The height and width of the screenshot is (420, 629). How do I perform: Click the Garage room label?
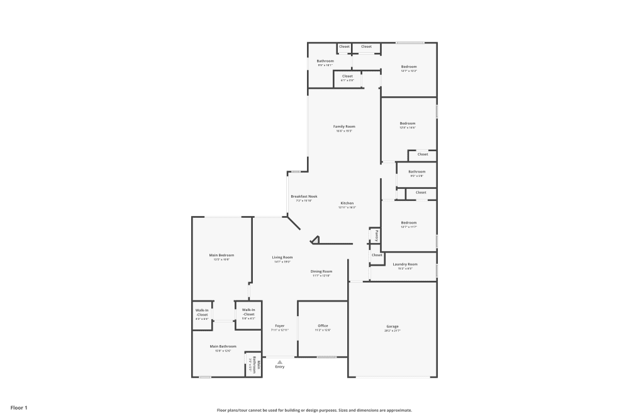click(x=392, y=326)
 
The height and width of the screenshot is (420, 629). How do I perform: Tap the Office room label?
click(x=323, y=326)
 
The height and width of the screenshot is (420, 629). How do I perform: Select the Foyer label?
click(x=280, y=326)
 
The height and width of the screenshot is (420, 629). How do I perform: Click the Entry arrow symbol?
click(x=280, y=361)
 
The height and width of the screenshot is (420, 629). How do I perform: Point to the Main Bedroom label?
click(x=221, y=255)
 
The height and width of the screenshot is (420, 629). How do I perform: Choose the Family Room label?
click(x=344, y=127)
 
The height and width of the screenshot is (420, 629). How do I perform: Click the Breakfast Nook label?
click(x=304, y=196)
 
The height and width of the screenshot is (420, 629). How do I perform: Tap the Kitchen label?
click(x=347, y=203)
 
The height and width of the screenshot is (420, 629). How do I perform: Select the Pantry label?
click(x=376, y=235)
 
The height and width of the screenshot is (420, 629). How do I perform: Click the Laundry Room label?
click(x=404, y=264)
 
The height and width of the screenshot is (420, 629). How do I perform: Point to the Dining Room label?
click(x=321, y=271)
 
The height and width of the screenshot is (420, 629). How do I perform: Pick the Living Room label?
click(x=282, y=257)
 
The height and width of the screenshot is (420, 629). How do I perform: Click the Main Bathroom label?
click(x=223, y=346)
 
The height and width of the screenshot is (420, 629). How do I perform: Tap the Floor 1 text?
click(x=19, y=408)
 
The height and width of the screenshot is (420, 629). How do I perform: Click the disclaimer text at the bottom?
click(x=314, y=410)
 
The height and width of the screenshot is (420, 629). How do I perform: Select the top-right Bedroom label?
click(x=409, y=67)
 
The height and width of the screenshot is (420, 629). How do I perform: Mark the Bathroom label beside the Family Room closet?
click(x=325, y=61)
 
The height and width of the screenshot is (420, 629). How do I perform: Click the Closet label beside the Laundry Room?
click(x=377, y=255)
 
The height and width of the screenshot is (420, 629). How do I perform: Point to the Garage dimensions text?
click(x=392, y=331)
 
